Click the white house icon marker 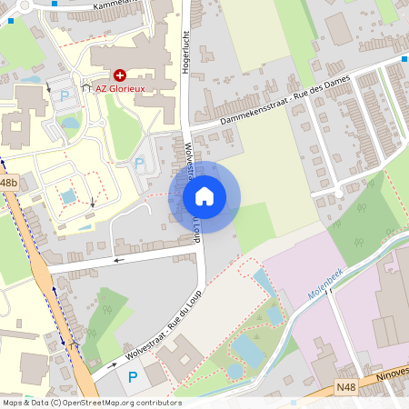[x=204, y=195]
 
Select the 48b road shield [x=8, y=183]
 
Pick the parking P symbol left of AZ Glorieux [x=64, y=95]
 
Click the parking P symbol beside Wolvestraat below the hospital [x=138, y=162]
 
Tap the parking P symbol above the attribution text [x=133, y=376]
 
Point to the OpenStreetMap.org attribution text [x=92, y=403]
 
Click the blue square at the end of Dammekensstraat [x=404, y=59]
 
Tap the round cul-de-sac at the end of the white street [x=338, y=192]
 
